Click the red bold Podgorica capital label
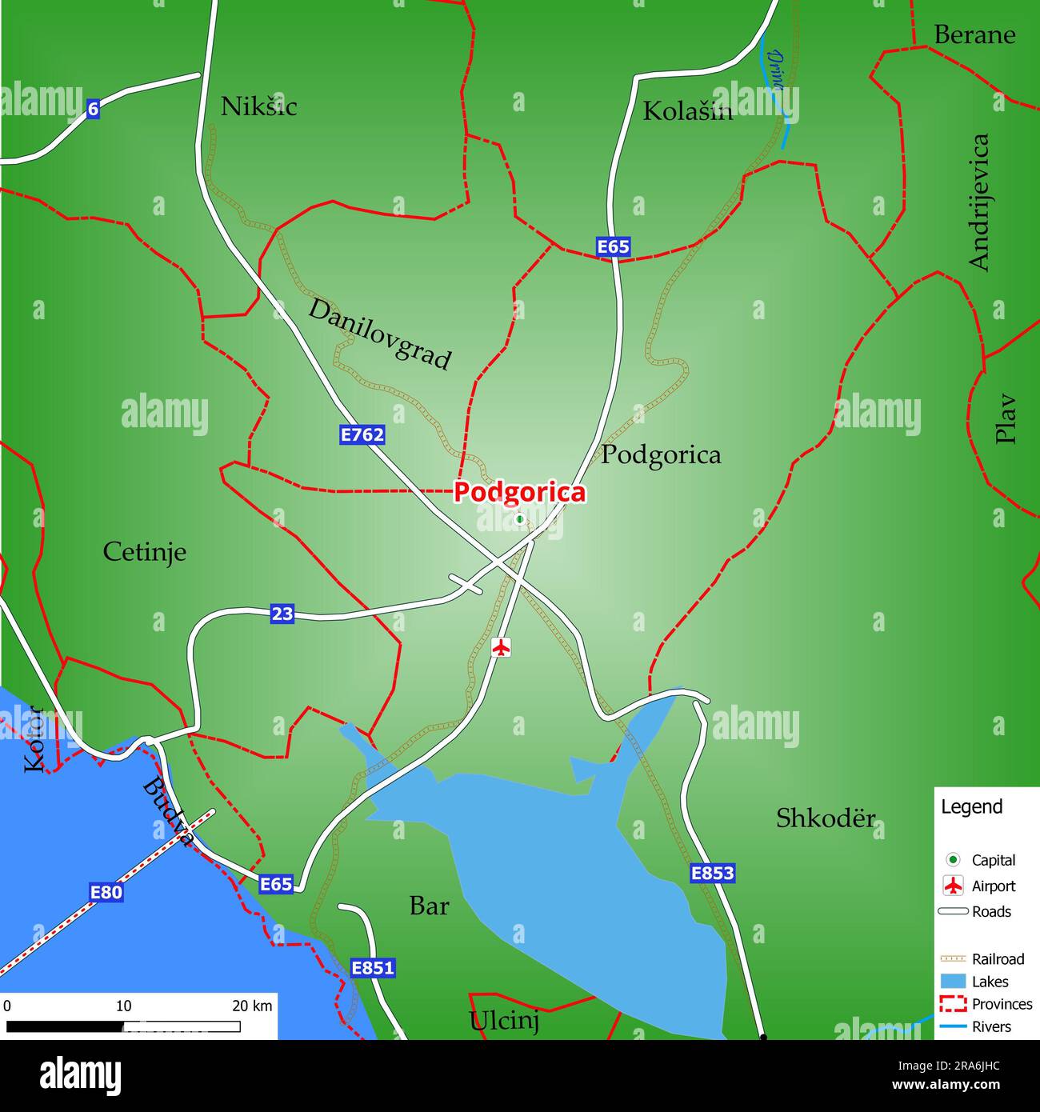coord(520,492)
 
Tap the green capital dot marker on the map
coord(519,519)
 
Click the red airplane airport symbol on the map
coord(501,646)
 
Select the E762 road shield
coord(362,434)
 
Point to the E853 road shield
coord(712,873)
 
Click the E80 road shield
coord(106,891)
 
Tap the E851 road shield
coord(373,968)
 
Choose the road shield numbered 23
coord(282,614)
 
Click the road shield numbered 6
coord(93,109)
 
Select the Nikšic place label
coord(258,106)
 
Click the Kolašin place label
coord(687,111)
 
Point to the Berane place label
coord(974,35)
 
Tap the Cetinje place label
coord(145,552)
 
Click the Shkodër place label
coord(826,818)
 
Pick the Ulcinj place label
coord(504,1021)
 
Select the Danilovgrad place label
coord(380,334)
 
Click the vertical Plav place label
coord(1005,418)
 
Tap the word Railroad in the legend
coord(998,958)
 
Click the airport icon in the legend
coord(953,886)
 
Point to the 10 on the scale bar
coord(123,1006)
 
